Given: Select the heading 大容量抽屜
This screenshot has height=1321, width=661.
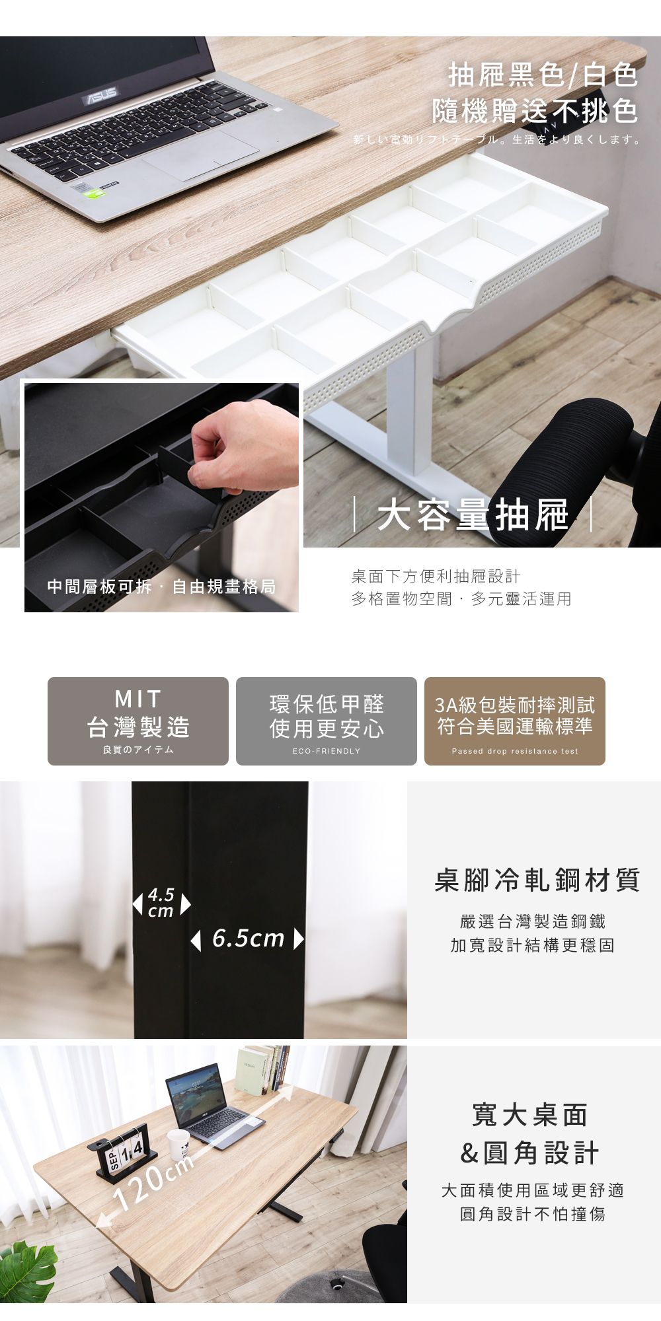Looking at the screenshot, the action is [x=473, y=515].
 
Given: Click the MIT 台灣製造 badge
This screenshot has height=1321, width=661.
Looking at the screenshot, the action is [x=138, y=721].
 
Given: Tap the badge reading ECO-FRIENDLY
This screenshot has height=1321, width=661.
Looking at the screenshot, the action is [x=327, y=721].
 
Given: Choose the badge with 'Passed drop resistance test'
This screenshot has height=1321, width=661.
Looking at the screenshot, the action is [x=515, y=721].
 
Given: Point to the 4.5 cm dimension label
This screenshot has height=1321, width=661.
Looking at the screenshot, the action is [x=161, y=903].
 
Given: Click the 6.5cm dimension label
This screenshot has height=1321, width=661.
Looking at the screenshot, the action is [x=248, y=939].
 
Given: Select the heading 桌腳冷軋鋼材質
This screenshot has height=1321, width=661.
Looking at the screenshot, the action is [x=537, y=880].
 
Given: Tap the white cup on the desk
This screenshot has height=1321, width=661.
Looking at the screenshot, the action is [x=178, y=1144].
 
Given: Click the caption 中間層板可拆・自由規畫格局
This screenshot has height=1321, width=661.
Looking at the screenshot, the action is [x=161, y=587].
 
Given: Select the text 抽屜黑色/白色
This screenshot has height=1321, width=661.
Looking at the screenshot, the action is [x=543, y=75].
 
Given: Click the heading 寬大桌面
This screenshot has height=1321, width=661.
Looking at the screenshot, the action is [x=530, y=1115].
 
